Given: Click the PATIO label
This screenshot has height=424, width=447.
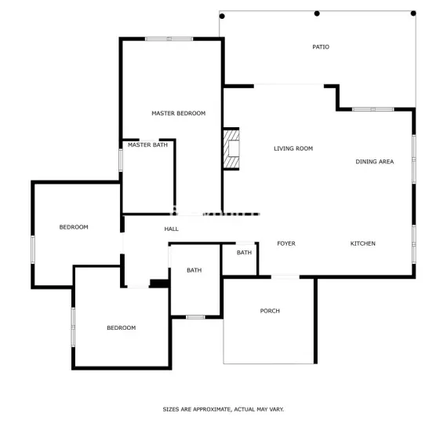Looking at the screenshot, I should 321,47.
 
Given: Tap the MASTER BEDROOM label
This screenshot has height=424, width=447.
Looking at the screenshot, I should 178,113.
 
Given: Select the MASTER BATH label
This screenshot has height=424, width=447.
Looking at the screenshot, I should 147,144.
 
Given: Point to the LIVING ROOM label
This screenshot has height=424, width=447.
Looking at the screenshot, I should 293,148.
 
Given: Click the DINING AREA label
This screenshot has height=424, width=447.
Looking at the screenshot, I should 374,162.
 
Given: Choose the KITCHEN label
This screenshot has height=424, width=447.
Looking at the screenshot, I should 362,243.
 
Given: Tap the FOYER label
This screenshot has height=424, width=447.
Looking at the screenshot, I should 286,243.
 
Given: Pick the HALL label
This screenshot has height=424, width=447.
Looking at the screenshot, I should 171,229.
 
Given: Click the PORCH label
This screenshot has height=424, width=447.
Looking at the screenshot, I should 270,311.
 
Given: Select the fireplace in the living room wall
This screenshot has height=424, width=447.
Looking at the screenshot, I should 231,149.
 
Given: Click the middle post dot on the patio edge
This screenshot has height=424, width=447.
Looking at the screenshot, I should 317,13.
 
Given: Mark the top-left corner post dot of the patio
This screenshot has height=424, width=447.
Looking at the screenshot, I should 222,16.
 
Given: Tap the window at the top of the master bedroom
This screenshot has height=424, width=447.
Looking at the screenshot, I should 169,38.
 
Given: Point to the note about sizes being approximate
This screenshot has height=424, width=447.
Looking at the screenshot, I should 223,409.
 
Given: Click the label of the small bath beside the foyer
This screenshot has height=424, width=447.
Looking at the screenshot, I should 245,253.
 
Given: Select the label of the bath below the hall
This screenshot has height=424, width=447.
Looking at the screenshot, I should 194,270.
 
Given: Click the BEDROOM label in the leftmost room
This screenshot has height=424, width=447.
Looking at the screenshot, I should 74,227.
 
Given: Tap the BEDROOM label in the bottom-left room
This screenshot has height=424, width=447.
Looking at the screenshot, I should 121,327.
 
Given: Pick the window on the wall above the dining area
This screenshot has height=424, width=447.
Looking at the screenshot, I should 372,109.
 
